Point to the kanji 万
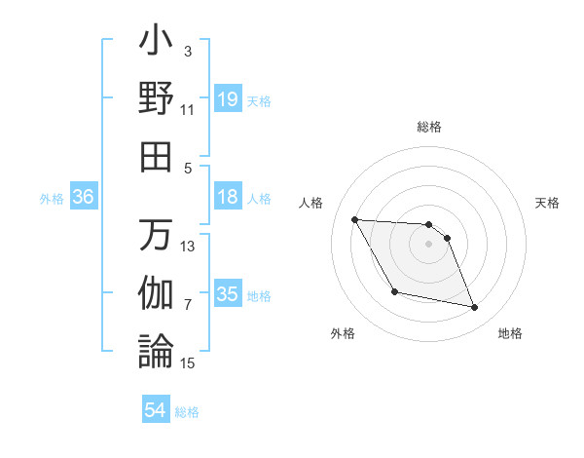(x=157, y=235)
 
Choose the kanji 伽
(x=157, y=292)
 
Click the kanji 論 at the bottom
(x=157, y=350)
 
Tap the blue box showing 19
(x=228, y=99)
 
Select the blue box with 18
(x=228, y=197)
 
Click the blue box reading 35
(x=228, y=294)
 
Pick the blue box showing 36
(x=84, y=197)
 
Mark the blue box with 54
(x=156, y=410)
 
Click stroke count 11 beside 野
(x=188, y=110)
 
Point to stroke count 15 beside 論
(x=188, y=363)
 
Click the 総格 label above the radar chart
(x=429, y=128)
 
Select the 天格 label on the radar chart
(x=548, y=203)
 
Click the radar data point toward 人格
(x=354, y=219)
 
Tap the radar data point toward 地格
(x=475, y=308)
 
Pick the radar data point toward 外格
(x=394, y=291)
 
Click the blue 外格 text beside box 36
(x=52, y=199)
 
